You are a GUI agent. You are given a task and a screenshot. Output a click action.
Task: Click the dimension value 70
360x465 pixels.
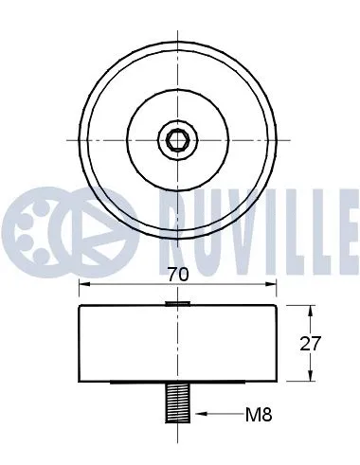click(x=177, y=276)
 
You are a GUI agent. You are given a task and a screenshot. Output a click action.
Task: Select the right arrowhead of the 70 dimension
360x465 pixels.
click(x=271, y=286)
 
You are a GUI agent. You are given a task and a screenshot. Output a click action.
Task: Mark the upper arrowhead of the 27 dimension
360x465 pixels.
click(x=312, y=310)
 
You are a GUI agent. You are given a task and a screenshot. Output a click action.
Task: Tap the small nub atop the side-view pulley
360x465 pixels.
click(x=178, y=303)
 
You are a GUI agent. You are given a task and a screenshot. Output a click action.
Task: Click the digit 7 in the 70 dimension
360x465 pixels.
click(x=171, y=276)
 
